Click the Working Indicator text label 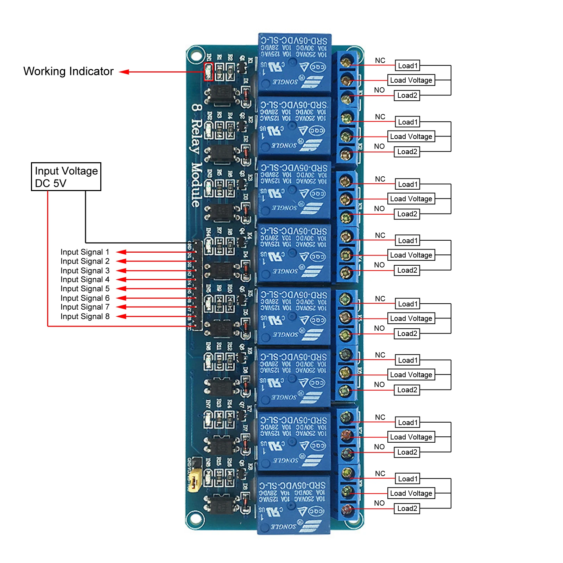tap(68, 71)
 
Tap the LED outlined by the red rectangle tap(208, 72)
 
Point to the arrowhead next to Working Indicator tap(124, 72)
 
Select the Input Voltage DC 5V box tap(66, 177)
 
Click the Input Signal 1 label tap(85, 252)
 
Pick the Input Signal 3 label tap(85, 271)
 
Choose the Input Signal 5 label tap(85, 289)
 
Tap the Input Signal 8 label tap(85, 316)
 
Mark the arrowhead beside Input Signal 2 tap(121, 261)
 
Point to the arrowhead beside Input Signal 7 tap(121, 307)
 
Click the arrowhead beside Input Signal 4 tap(121, 279)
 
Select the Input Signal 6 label tap(85, 298)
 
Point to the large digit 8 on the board tap(197, 107)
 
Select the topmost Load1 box tap(407, 66)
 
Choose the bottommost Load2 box tap(407, 508)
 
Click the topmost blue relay tap(294, 63)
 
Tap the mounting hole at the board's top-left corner tap(196, 56)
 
